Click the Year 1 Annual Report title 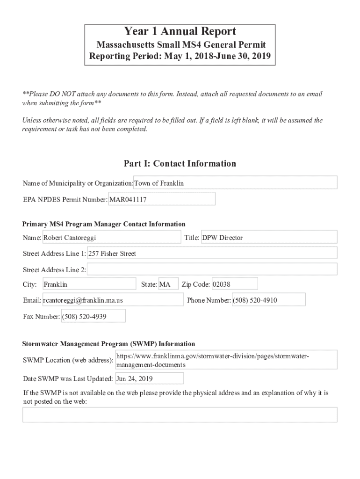[180, 32]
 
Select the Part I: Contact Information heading [180, 163]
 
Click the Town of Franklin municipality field [235, 183]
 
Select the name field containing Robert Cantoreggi [111, 238]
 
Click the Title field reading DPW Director [268, 238]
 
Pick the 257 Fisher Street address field [212, 254]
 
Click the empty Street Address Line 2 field [212, 269]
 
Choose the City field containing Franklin [89, 284]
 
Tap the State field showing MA [168, 284]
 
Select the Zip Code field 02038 [234, 284]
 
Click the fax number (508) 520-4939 [93, 317]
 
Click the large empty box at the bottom [180, 415]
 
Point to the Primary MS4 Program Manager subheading [104, 224]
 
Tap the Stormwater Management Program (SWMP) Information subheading [108, 344]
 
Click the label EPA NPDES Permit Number [65, 199]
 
